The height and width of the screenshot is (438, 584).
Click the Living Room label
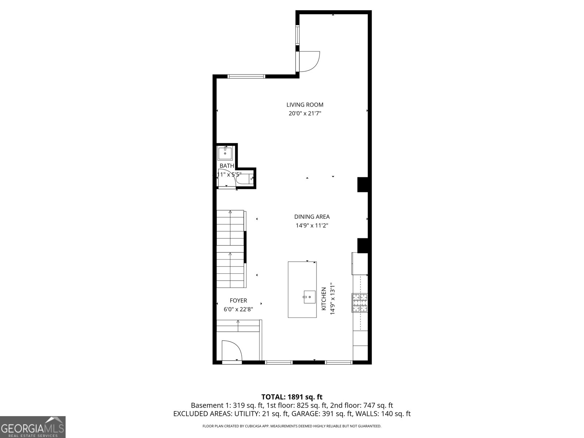point(305,105)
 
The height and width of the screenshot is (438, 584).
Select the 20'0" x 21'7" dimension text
point(305,114)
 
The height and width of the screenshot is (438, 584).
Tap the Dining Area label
point(312,217)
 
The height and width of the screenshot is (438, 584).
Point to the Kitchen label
point(323,299)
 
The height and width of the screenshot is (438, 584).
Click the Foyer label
point(238,301)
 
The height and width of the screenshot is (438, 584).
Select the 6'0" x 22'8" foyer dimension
point(238,310)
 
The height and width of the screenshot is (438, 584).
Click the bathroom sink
point(226,153)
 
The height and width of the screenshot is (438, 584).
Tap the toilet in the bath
point(244,179)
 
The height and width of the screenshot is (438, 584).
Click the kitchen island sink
point(309,297)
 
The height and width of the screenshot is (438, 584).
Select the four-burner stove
point(360,303)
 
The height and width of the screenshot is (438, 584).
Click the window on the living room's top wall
point(246,76)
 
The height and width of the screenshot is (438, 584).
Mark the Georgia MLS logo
point(32,427)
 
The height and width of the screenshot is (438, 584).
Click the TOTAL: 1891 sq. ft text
point(292,397)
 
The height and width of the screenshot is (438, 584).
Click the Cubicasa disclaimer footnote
point(292,426)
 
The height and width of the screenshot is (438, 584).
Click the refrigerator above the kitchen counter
point(360,264)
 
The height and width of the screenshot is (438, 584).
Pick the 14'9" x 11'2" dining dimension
point(312,226)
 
